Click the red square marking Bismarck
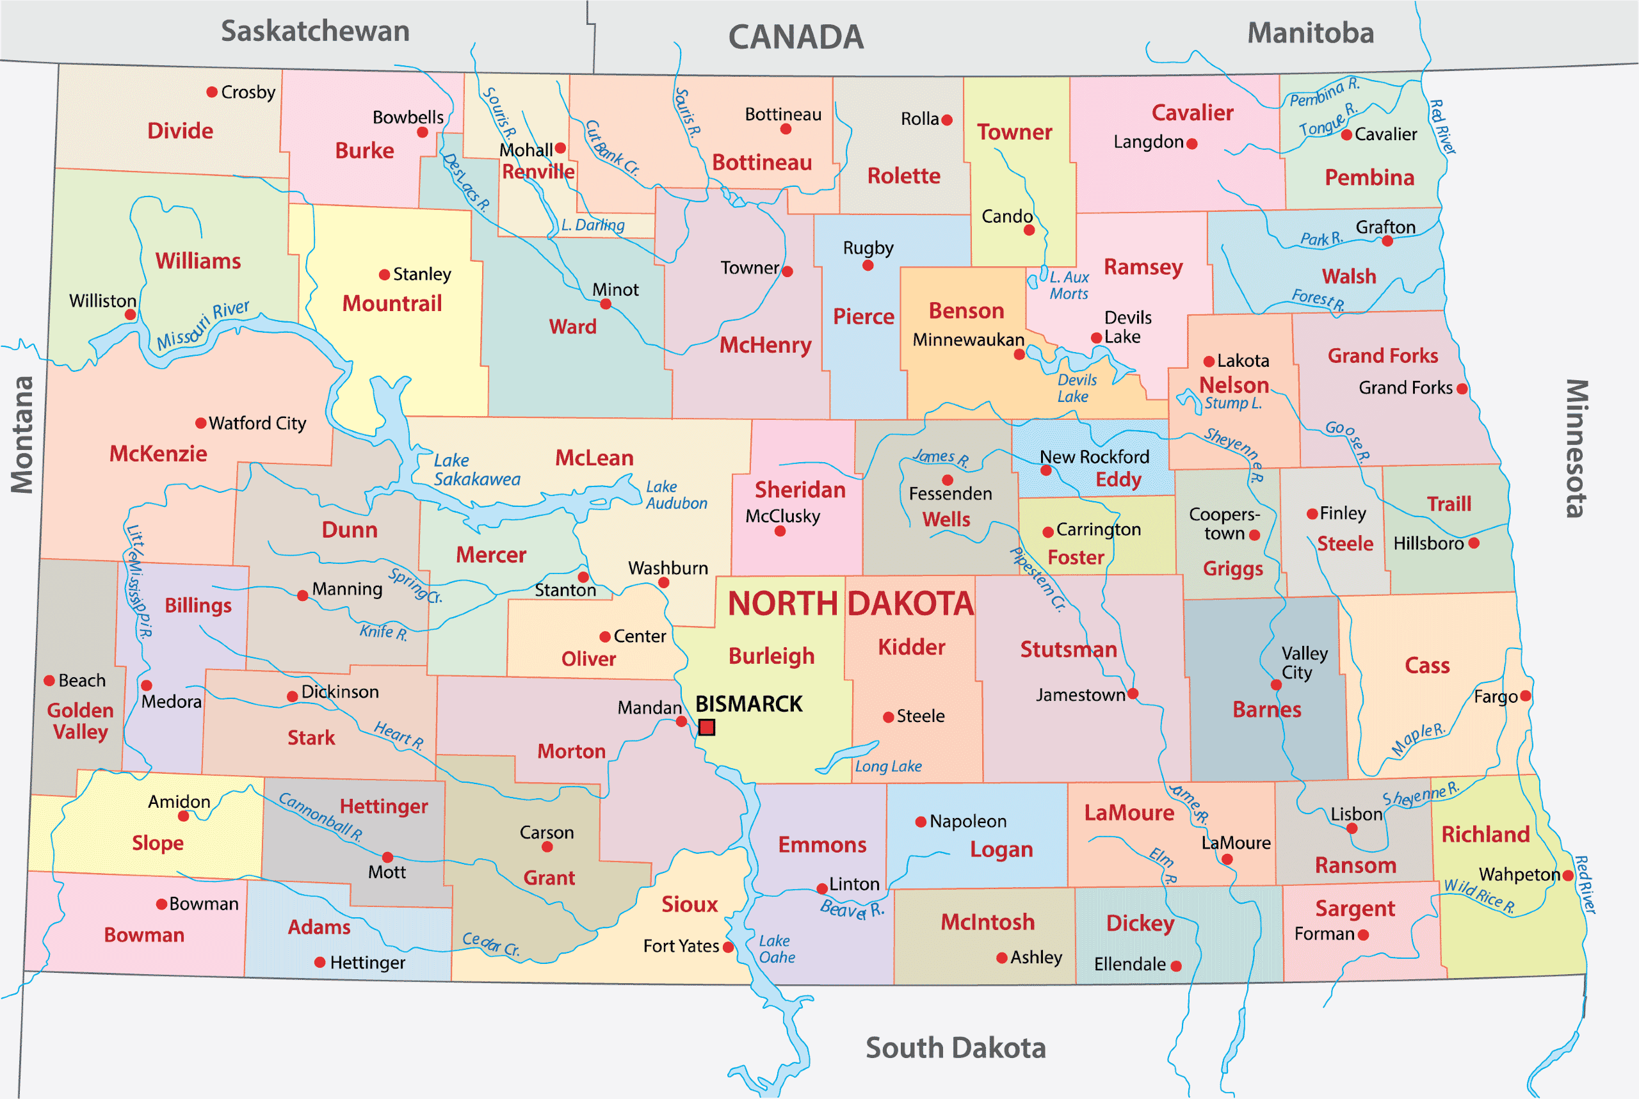tap(707, 727)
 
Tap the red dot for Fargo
tap(1526, 696)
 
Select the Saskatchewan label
tap(315, 31)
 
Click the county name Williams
tap(198, 261)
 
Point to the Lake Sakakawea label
tap(477, 470)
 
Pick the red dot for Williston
tap(131, 315)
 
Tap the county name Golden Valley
tap(80, 721)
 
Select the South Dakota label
tap(955, 1048)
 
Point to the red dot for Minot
tap(606, 304)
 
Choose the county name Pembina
tap(1369, 177)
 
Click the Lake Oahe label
tap(776, 949)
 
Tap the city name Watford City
tap(257, 423)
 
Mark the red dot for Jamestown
tap(1133, 694)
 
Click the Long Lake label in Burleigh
tap(887, 766)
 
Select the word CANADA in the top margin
tap(796, 37)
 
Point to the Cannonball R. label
tap(320, 817)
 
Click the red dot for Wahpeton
tap(1568, 875)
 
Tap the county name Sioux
tap(689, 904)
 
